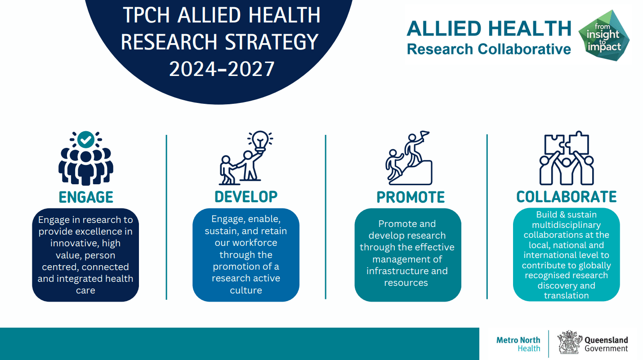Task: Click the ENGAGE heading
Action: point(86,197)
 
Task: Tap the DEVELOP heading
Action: point(246,197)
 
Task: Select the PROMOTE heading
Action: point(411,197)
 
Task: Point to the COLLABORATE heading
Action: point(567,197)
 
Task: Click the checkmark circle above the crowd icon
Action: point(86,140)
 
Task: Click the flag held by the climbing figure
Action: point(424,134)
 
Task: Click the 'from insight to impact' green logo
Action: point(604,36)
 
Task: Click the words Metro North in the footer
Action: point(518,340)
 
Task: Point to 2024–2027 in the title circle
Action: point(222,69)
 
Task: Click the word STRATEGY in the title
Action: point(272,42)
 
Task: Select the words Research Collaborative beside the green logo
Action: point(489,49)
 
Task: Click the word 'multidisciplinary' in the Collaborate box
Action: point(567,225)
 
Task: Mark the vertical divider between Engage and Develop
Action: point(166,217)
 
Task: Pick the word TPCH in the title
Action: point(147,15)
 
